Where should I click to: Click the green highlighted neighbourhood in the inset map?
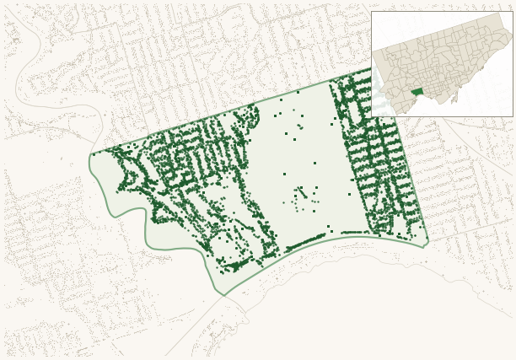click(417, 91)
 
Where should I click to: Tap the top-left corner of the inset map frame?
click(372, 12)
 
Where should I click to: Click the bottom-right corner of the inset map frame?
click(513, 116)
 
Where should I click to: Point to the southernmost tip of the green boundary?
click(223, 295)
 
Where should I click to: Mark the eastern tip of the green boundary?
click(428, 241)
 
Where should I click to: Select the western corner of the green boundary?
click(91, 154)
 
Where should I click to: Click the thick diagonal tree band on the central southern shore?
click(305, 243)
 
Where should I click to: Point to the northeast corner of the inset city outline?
click(502, 14)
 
